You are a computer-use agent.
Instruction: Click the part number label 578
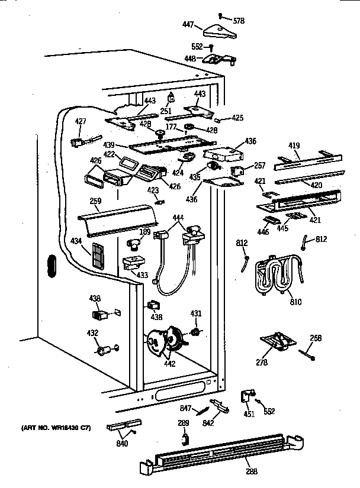point(239,21)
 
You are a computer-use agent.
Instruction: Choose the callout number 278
point(262,362)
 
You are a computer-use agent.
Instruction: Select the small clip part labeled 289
point(185,438)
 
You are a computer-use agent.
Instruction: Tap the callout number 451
point(249,414)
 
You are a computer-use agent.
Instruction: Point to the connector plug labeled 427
point(78,142)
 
